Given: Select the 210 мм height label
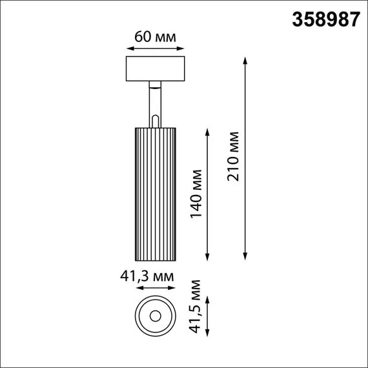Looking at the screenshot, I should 233,157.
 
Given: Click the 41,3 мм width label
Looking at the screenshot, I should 148,276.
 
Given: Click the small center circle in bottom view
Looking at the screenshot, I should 155,316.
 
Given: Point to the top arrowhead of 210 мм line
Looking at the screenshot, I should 245,60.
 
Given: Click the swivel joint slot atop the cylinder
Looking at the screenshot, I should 155,120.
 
